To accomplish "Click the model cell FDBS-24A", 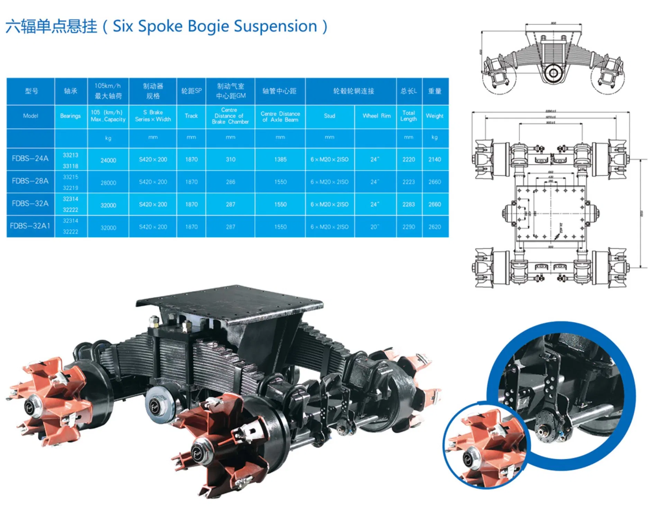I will (x=30, y=159).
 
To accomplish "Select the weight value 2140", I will (x=435, y=159).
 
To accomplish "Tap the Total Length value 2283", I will (x=408, y=204).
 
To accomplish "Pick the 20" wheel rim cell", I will (x=375, y=227).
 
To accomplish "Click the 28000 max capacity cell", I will (x=108, y=183).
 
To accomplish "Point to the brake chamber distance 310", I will (x=230, y=159).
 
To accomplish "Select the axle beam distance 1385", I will (x=280, y=159).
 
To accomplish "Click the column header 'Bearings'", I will (x=70, y=116).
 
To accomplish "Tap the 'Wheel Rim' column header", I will (x=376, y=116).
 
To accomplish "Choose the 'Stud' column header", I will (x=329, y=116).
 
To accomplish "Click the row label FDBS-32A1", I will (x=30, y=226).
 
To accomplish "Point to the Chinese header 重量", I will (x=435, y=91).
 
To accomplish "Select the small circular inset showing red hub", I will (x=484, y=447).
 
